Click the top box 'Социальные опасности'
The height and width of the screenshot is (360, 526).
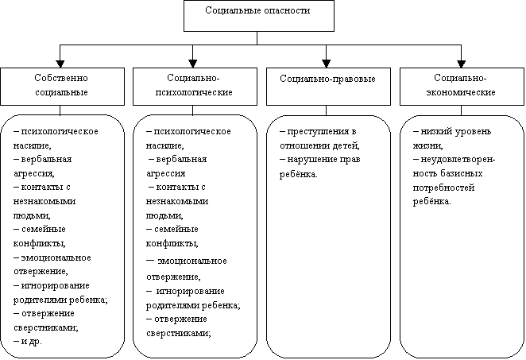click(x=257, y=15)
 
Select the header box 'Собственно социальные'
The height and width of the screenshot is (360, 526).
click(x=60, y=86)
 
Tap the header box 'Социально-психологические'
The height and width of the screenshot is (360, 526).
click(x=195, y=86)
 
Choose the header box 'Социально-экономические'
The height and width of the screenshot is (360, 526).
click(x=461, y=86)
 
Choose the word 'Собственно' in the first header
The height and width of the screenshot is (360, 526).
click(x=60, y=79)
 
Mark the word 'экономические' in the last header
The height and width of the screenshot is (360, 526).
click(x=461, y=92)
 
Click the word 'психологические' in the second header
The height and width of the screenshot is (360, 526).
click(x=195, y=92)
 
